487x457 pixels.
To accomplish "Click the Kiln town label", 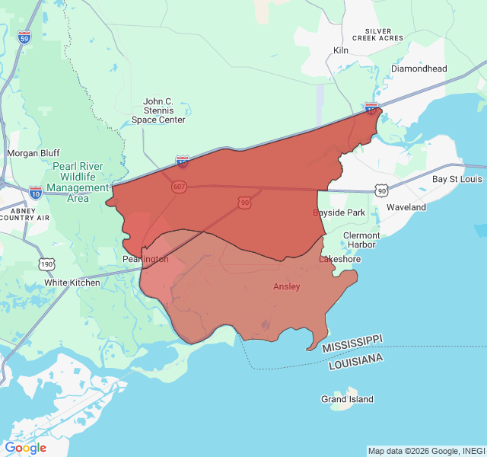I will click(x=340, y=50).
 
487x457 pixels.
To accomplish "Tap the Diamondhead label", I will click(x=419, y=69).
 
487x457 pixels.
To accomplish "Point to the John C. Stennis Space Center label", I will click(x=158, y=110).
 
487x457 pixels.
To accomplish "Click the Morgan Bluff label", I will click(x=33, y=153).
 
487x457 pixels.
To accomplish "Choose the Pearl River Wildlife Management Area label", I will click(x=78, y=182).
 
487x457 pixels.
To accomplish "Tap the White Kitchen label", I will click(x=72, y=283).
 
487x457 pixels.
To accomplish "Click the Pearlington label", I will click(x=145, y=260).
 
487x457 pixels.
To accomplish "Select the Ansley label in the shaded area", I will click(x=287, y=286).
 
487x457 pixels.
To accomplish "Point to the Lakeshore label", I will click(x=339, y=260).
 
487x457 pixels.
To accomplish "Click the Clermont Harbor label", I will click(x=361, y=240).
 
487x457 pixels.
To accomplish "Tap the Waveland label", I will click(x=406, y=207).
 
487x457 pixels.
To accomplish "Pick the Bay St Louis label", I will click(x=457, y=179).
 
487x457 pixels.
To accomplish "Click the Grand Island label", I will click(x=347, y=399).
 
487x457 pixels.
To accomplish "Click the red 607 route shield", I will click(x=179, y=187).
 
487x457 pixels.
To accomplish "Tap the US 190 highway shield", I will click(x=47, y=264).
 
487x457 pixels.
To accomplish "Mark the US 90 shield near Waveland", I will click(x=381, y=189).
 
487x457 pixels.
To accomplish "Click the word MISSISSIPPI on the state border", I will click(x=352, y=343).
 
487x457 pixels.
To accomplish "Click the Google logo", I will click(x=25, y=448).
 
